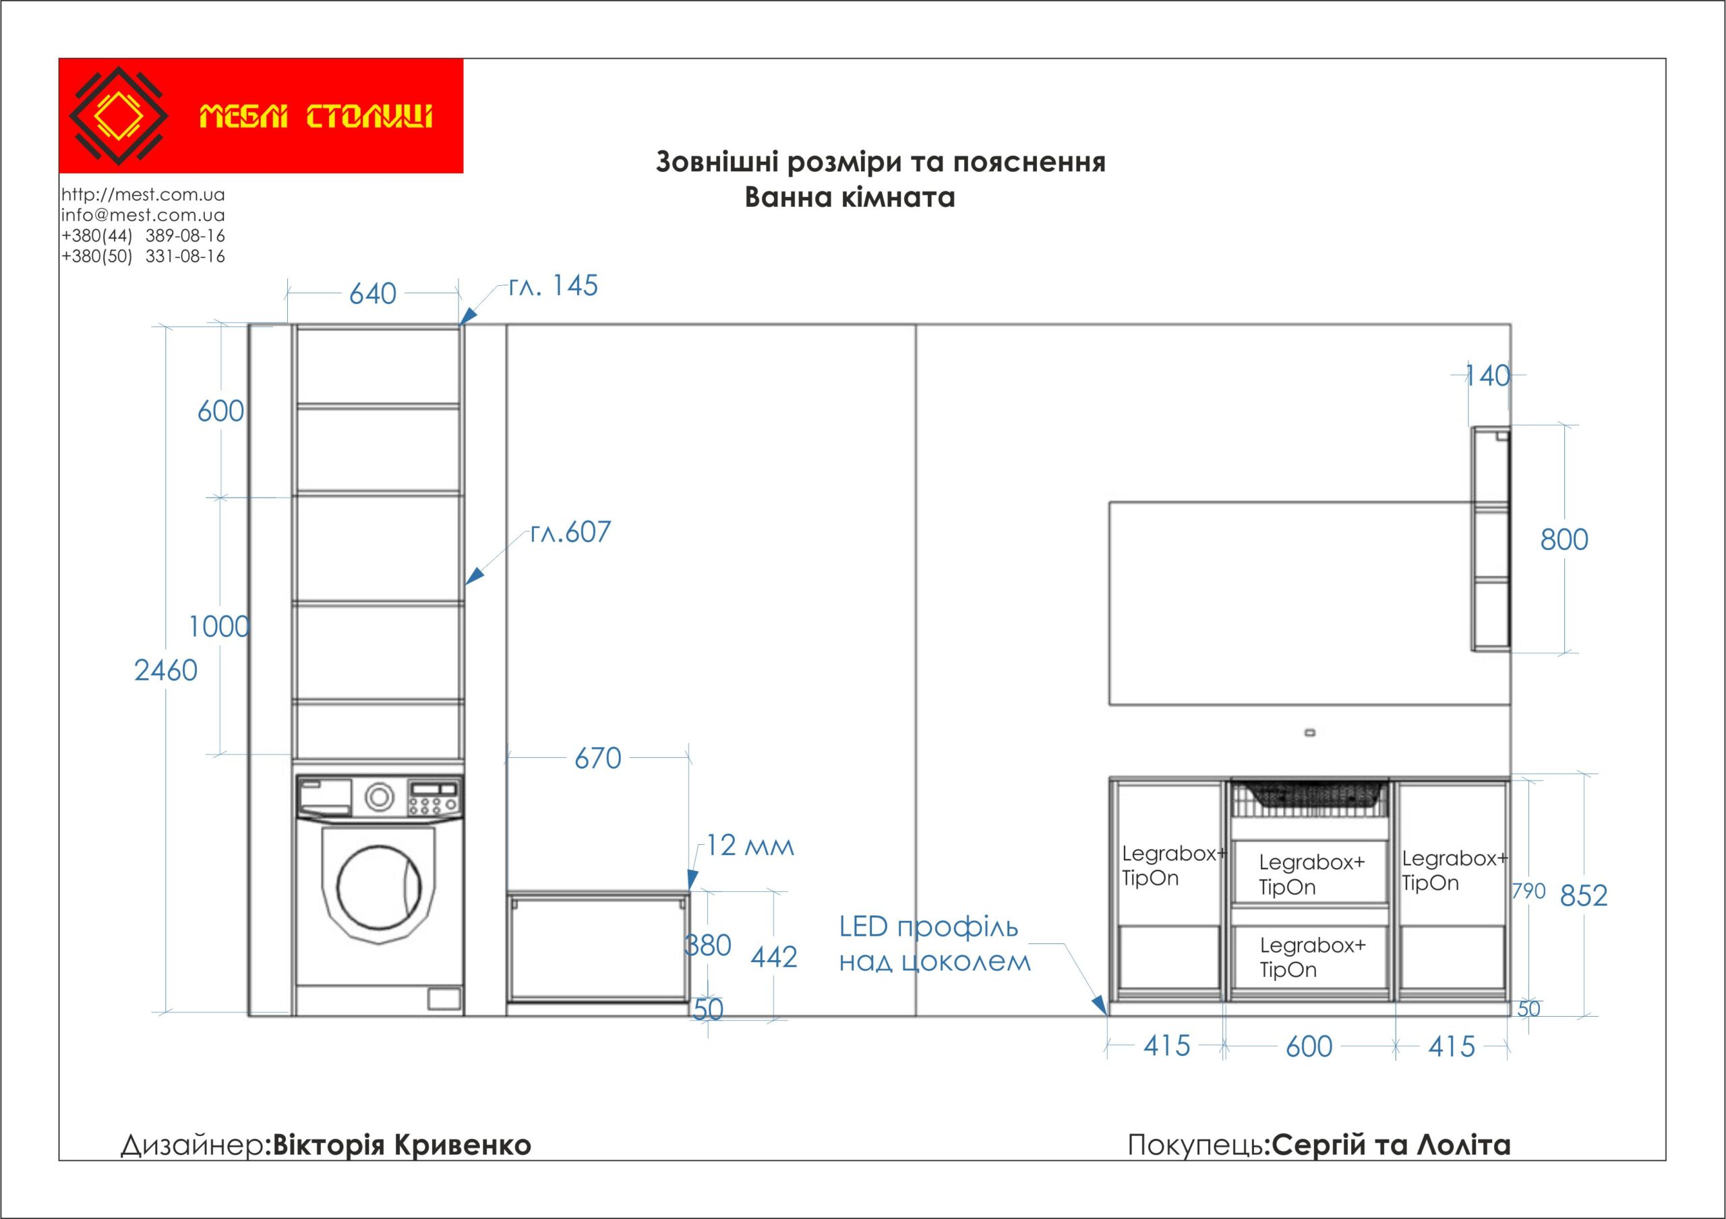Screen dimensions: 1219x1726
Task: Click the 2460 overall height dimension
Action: tap(165, 670)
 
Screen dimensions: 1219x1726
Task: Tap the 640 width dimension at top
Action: tap(373, 294)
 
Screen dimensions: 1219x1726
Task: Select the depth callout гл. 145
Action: tap(553, 287)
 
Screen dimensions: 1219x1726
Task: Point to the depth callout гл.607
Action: tap(570, 532)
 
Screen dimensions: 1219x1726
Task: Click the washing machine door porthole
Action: tap(379, 887)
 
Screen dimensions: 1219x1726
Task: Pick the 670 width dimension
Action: tap(597, 759)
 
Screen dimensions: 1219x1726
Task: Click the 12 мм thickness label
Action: tap(750, 846)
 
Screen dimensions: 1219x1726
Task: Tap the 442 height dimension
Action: tap(773, 957)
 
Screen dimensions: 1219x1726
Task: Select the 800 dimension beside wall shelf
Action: tap(1564, 539)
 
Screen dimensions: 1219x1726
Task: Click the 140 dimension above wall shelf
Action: tap(1488, 376)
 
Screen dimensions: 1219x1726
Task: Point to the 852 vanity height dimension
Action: tap(1583, 896)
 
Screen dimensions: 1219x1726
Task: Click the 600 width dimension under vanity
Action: tap(1309, 1046)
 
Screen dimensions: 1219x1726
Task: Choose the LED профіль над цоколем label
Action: tap(933, 945)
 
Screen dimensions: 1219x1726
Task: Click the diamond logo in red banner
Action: tap(118, 116)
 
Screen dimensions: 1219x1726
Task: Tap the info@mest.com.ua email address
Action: tap(143, 215)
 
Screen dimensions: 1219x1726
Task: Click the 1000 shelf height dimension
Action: tap(218, 627)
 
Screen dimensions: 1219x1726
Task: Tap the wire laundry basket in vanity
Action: tap(1309, 799)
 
